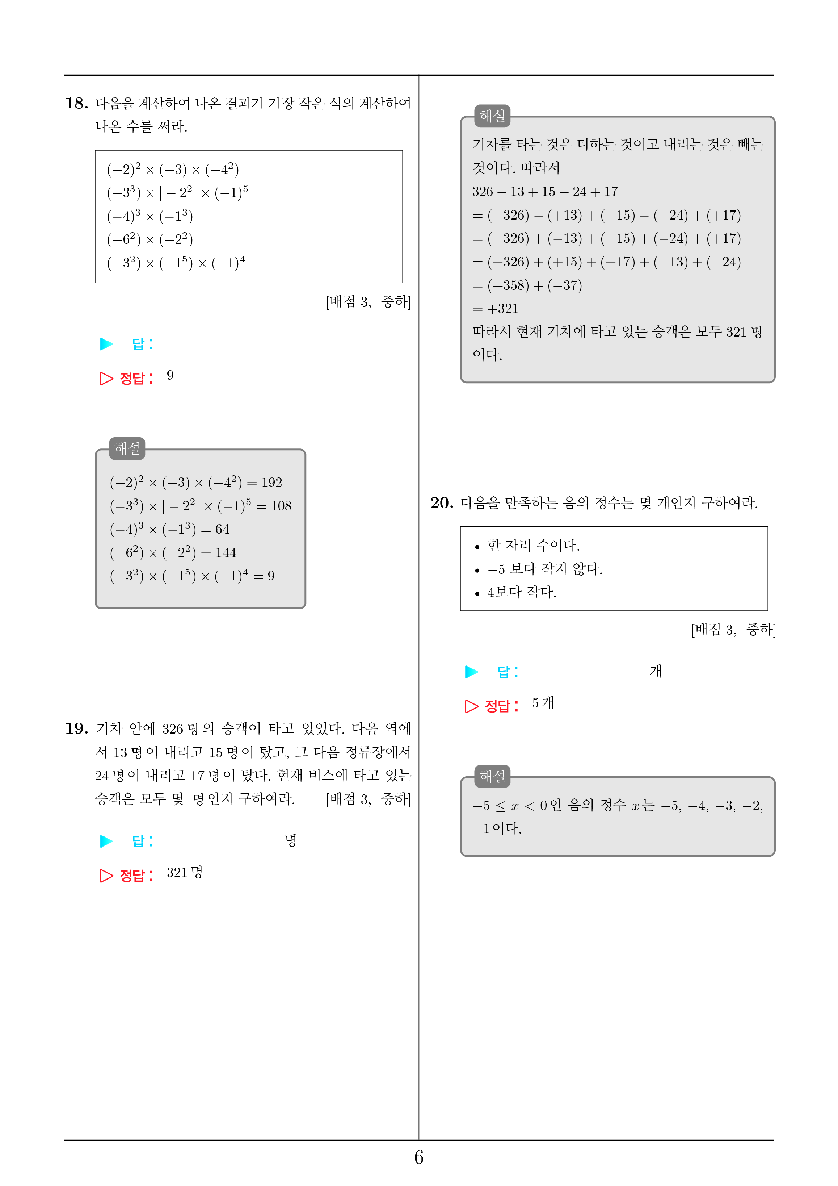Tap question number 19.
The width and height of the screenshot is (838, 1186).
pos(76,728)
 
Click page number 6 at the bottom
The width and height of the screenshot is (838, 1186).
pos(419,1158)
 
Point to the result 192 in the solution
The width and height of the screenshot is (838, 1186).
pos(271,483)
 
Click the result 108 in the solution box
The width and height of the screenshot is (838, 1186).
pos(281,506)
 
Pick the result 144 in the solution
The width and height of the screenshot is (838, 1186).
pos(226,553)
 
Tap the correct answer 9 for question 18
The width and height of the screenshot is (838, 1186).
pos(170,376)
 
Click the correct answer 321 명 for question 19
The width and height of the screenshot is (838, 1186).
pos(184,872)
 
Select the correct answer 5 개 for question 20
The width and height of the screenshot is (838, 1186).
pos(543,703)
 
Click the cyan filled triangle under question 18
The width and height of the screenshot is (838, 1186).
pos(106,344)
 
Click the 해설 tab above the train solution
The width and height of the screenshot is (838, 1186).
pos(492,116)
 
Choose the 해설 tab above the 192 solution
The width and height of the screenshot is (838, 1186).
pos(127,448)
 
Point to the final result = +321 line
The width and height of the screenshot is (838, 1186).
pos(495,309)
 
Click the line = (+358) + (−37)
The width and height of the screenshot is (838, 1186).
pos(527,286)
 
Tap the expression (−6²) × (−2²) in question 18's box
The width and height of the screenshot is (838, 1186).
pos(150,239)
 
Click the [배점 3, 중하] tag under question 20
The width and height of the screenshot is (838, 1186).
pos(733,630)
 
